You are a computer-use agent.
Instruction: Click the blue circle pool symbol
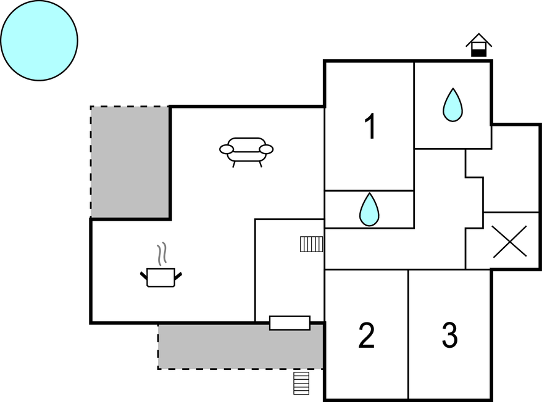[39, 41]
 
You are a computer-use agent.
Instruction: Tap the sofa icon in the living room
[246, 150]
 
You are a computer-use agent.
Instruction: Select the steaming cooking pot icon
[161, 276]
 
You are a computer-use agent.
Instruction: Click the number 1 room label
[370, 128]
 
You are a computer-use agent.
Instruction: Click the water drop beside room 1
[452, 105]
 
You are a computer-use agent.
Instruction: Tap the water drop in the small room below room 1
[369, 210]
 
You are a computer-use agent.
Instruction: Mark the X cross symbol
[509, 241]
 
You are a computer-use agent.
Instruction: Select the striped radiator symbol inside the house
[312, 244]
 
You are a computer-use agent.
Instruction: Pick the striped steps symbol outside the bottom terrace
[301, 383]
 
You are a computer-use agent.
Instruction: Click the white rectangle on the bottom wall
[290, 322]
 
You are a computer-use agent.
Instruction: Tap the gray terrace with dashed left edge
[130, 162]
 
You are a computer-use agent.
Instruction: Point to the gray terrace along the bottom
[241, 346]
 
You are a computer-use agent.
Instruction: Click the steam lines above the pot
[162, 253]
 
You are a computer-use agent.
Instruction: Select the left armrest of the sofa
[227, 149]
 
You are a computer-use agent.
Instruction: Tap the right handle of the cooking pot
[179, 275]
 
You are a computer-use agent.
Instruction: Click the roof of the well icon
[479, 41]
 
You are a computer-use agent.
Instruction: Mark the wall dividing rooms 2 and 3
[408, 335]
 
